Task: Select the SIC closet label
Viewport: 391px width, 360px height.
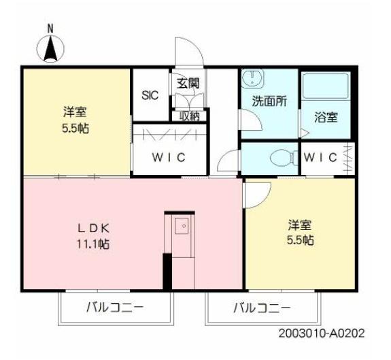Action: coord(150,95)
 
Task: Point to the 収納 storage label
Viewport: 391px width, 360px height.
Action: coord(189,116)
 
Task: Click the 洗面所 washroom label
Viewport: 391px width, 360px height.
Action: coord(269,101)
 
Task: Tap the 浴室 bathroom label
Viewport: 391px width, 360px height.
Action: coord(326,116)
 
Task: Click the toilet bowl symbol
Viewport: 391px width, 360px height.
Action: coord(280,159)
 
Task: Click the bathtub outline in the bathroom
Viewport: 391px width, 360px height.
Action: coord(325,87)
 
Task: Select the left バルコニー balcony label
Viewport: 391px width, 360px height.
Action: coord(114,308)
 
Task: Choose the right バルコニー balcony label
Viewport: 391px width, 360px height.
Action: coord(262,308)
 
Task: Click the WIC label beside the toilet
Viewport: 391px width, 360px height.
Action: coord(320,158)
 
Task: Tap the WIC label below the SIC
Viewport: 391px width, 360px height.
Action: coord(168,158)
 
